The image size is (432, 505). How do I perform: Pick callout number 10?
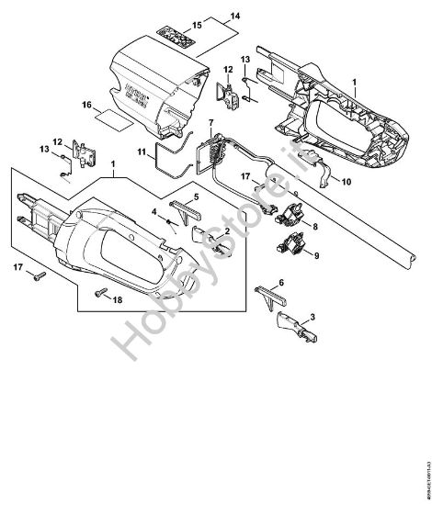(347, 182)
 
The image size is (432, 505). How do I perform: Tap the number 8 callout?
(315, 224)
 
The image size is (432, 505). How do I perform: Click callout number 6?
(281, 285)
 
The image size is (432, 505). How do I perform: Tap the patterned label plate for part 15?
(176, 34)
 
